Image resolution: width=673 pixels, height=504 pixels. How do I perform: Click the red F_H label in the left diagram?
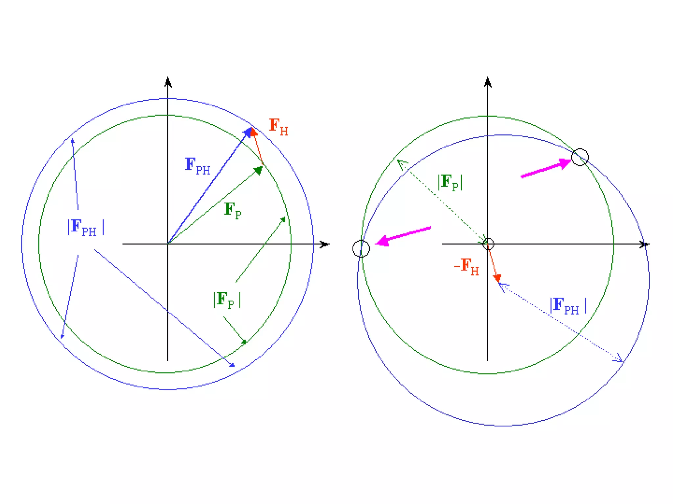tap(278, 127)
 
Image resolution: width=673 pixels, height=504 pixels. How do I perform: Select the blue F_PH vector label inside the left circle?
tap(197, 166)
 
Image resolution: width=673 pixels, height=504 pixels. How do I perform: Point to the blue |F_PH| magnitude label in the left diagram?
tap(86, 227)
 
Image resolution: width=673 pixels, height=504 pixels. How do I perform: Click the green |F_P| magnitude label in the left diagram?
tap(227, 300)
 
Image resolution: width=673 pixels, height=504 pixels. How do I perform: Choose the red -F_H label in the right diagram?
tap(466, 266)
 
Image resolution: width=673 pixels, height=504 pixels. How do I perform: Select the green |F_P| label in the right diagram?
tap(450, 182)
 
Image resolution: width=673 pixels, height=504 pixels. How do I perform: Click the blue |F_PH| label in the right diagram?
tap(568, 306)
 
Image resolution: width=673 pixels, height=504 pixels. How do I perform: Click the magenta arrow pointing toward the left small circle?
tap(403, 236)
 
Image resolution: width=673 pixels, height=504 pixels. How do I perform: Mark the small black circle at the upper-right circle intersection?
tap(580, 157)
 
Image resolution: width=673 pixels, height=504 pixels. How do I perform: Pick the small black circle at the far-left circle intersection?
tap(361, 248)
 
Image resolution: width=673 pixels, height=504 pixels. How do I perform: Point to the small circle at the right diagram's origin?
tap(488, 244)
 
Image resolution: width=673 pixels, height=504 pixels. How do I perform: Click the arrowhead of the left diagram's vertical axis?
tap(168, 82)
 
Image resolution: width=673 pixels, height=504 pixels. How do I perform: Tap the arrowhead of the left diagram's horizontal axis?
tap(324, 244)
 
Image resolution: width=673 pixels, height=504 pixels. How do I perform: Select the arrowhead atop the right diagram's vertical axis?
tap(488, 82)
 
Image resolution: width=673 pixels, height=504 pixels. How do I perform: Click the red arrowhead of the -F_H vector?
tap(498, 278)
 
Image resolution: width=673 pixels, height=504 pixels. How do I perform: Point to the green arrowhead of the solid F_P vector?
tap(259, 170)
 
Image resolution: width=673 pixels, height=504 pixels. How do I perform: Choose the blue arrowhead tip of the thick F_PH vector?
tap(248, 132)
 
